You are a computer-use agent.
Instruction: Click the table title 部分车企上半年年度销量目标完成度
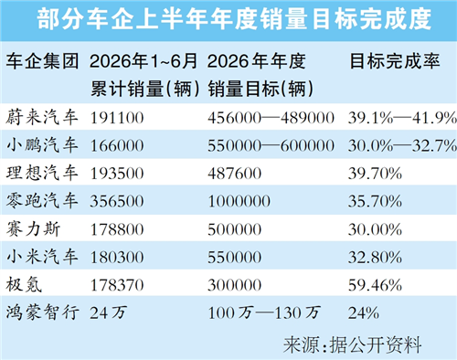pos(234,19)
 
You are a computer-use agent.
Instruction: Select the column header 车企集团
pos(42,61)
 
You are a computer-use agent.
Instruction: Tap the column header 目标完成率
pos(395,61)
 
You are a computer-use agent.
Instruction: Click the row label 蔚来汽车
pos(42,117)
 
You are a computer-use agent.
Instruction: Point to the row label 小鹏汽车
pos(42,145)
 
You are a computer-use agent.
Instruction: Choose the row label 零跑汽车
pos(42,201)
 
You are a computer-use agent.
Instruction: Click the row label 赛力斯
pos(33,229)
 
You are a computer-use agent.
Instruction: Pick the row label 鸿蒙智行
pos(42,312)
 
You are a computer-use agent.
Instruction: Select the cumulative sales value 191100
pos(117,118)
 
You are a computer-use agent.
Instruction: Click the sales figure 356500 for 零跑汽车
pos(117,202)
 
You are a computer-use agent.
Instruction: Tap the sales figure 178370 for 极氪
pos(117,285)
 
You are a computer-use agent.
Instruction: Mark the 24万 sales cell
pos(109,312)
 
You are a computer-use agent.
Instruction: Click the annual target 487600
pos(235,174)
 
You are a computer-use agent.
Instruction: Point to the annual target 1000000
pos(239,202)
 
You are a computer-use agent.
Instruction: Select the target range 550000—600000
pos(271,146)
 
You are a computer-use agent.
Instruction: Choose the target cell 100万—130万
pos(264,312)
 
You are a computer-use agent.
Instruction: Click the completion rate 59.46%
pos(375,285)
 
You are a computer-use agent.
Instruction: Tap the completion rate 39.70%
pos(375,174)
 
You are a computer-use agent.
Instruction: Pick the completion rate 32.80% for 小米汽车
pos(375,258)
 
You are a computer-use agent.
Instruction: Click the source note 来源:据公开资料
pos(353,345)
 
